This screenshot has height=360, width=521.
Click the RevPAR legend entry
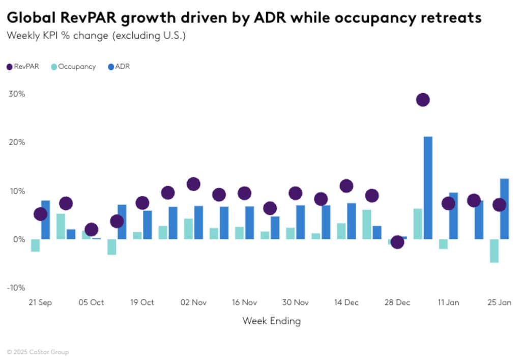click(x=23, y=66)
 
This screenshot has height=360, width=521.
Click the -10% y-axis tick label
click(x=15, y=288)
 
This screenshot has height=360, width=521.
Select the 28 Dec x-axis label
click(x=397, y=302)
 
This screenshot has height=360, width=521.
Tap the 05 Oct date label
click(x=91, y=302)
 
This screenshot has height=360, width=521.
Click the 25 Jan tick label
click(x=499, y=302)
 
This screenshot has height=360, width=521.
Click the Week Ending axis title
click(x=271, y=321)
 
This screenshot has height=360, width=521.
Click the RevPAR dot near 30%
click(x=422, y=100)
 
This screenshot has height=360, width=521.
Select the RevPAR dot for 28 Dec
click(x=397, y=242)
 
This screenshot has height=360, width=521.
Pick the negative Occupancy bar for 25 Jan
click(x=494, y=251)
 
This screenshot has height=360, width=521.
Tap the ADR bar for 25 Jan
click(x=504, y=209)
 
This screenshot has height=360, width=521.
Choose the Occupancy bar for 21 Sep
click(x=35, y=245)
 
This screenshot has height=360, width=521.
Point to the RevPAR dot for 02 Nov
click(x=193, y=184)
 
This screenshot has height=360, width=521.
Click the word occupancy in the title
click(x=385, y=18)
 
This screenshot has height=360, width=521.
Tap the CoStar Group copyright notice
click(x=38, y=352)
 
